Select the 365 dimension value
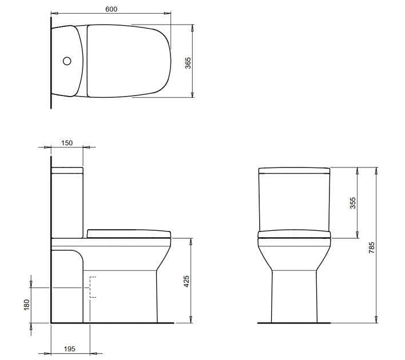188,63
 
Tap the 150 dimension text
67,143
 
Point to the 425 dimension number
186,281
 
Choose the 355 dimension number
353,203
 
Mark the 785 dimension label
372,247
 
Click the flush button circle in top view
66,61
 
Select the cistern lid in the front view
295,170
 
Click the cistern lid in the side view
67,170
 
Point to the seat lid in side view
129,233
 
